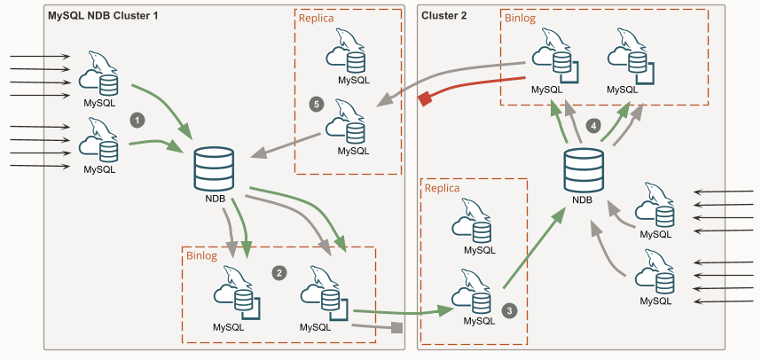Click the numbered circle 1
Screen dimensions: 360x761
coord(137,118)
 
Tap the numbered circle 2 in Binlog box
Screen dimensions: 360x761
coord(278,272)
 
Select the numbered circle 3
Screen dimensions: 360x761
coord(509,311)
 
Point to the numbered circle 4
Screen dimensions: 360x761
coord(594,125)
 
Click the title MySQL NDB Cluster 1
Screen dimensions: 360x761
coord(96,16)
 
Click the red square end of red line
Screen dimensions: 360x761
coord(425,99)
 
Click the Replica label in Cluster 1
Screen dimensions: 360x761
coord(318,18)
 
